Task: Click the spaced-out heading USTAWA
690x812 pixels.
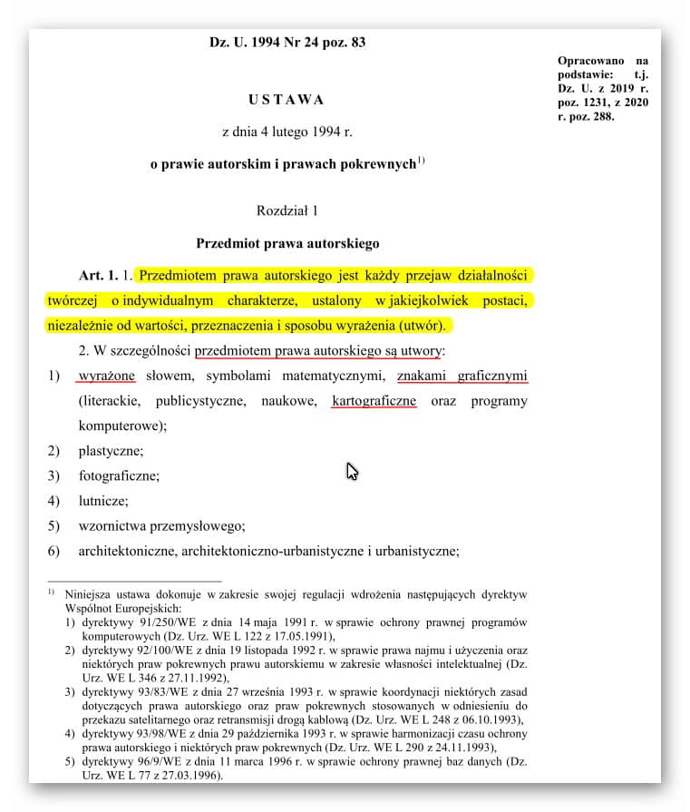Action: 286,99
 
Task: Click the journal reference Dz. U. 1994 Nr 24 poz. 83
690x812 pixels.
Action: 287,42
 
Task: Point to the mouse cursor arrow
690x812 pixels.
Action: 351,470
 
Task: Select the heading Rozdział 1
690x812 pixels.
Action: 287,210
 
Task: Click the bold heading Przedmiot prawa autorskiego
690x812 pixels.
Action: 287,243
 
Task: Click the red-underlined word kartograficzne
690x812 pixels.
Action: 374,400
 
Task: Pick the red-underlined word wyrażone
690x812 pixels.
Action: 106,376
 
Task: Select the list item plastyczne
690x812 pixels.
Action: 111,450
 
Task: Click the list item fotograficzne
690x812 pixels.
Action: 119,474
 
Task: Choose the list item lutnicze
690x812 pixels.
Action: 103,500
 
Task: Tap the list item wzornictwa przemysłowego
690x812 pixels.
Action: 161,525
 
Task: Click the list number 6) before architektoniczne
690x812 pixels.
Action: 53,550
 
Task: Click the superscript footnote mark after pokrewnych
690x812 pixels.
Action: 421,161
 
